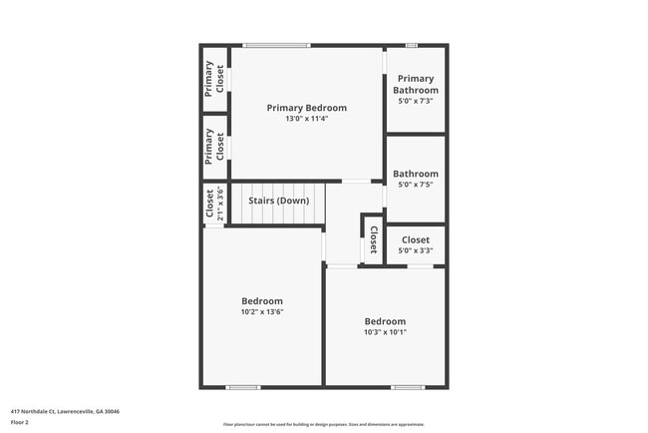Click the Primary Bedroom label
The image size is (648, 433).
(x=306, y=108)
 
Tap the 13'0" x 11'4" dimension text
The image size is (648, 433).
(x=306, y=119)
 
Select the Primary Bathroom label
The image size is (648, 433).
(x=415, y=84)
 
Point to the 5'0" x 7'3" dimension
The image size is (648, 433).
(x=415, y=101)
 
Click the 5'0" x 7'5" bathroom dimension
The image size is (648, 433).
(x=415, y=184)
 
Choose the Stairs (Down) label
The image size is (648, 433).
(x=278, y=201)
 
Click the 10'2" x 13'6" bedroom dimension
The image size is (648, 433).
(x=262, y=311)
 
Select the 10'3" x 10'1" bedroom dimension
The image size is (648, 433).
(x=385, y=331)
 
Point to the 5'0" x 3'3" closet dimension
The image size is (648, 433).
(x=415, y=250)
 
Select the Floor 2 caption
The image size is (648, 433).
(x=20, y=421)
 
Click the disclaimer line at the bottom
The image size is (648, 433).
(x=324, y=423)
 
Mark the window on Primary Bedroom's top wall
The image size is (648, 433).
(x=276, y=45)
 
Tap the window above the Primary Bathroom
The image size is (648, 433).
(x=412, y=45)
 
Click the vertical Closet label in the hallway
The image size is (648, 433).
(x=373, y=239)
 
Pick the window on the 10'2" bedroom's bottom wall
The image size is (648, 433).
(x=242, y=387)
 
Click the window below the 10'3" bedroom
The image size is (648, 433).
(x=407, y=387)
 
